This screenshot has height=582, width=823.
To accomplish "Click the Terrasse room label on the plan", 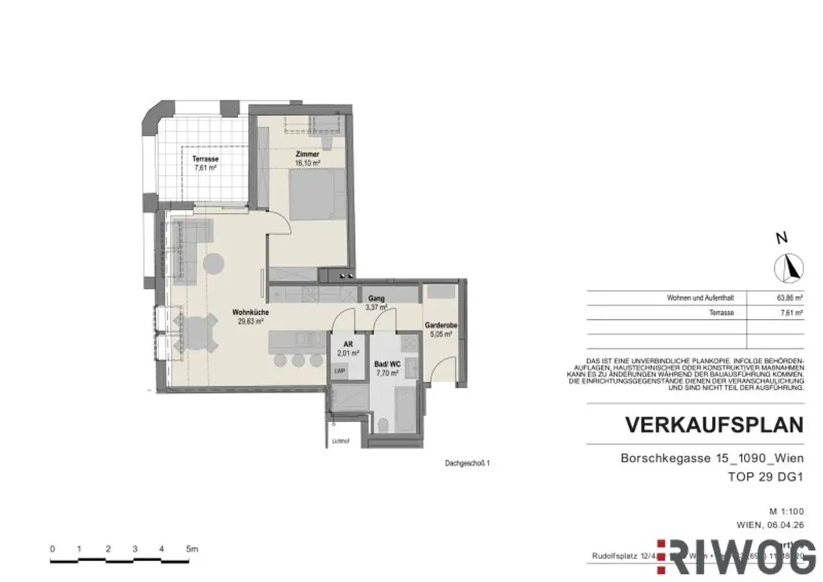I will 206,159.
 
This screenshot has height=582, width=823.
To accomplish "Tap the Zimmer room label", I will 308,154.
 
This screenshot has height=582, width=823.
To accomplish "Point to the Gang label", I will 376,297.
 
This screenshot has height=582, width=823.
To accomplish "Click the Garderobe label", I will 441,326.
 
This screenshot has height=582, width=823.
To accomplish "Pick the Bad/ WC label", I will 387,364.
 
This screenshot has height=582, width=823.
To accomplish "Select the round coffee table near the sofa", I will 214,263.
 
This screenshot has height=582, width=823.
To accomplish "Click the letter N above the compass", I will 780,238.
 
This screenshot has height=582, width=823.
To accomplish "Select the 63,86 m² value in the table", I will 790,297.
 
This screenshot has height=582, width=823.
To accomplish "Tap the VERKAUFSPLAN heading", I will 714,425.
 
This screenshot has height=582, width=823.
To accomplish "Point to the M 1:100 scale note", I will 784,511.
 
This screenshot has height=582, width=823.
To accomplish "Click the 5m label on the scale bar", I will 192,549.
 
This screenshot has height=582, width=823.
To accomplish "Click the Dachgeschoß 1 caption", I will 467,463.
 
